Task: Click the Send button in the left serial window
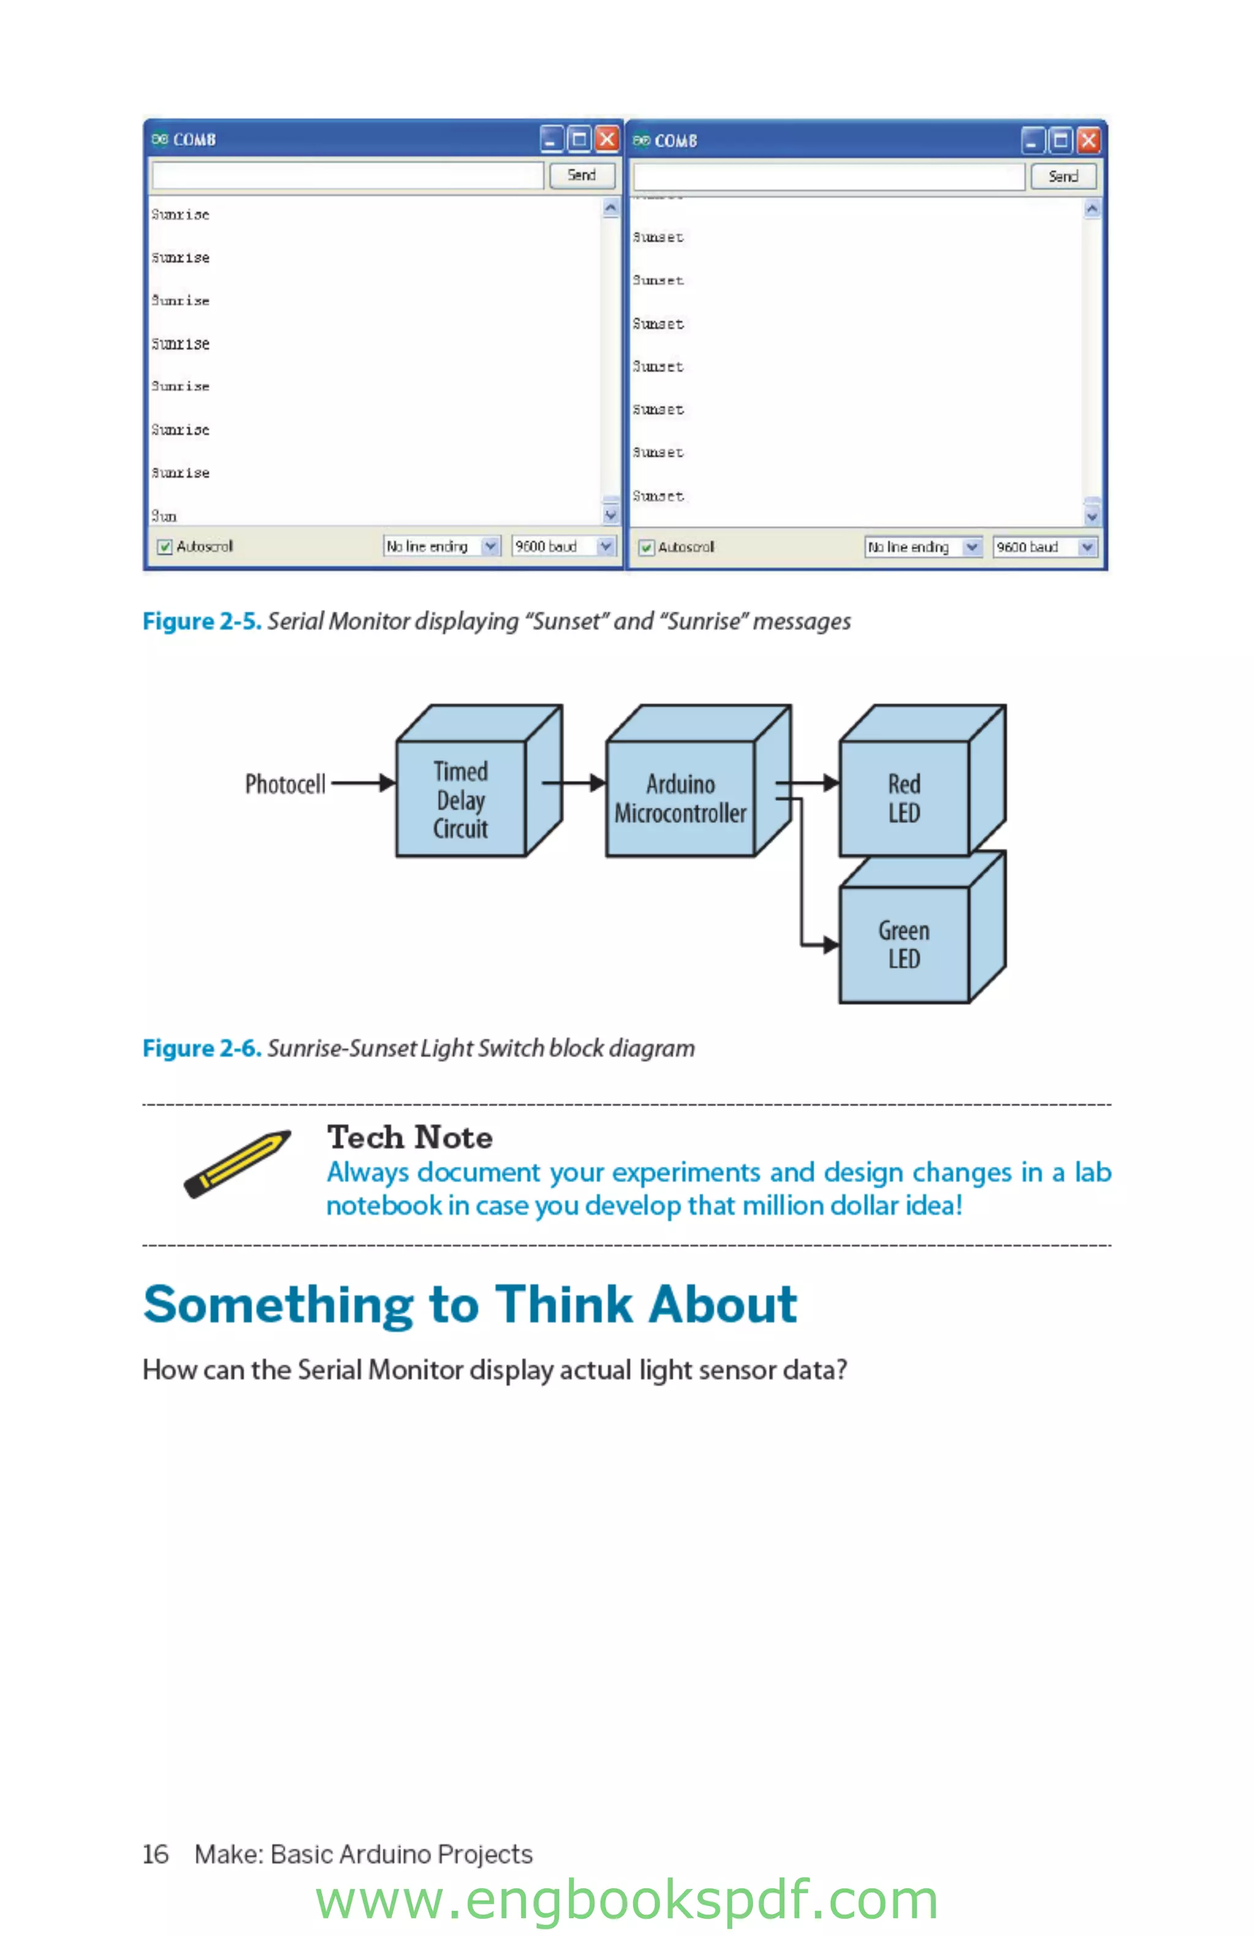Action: point(581,175)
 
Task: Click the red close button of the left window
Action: point(606,139)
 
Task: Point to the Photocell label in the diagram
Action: point(285,784)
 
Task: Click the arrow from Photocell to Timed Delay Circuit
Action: point(362,783)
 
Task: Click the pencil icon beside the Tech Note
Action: point(237,1163)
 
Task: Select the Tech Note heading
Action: point(409,1137)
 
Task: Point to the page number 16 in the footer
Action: point(156,1854)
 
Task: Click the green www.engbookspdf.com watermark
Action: point(626,1901)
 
